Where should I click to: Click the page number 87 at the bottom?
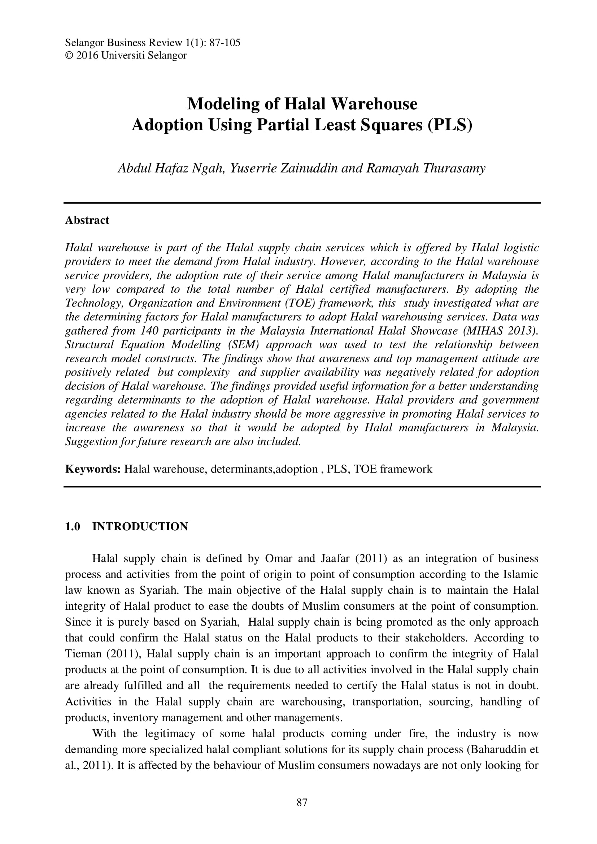pos(301,802)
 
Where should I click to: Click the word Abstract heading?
pos(87,220)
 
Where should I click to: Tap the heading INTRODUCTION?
pos(140,526)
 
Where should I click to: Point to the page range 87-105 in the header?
pos(225,43)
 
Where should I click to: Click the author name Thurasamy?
pos(454,168)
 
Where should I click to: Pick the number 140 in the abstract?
pos(149,331)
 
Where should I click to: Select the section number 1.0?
pos(73,526)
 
